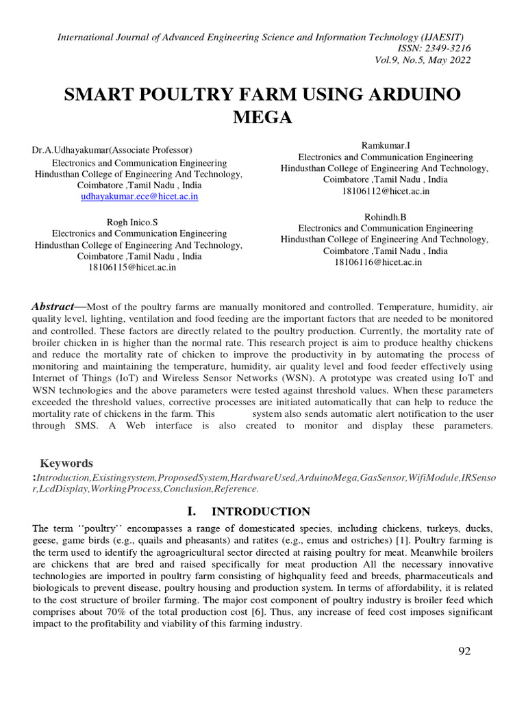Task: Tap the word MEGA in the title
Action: pos(263,118)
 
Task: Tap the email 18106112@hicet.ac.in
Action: pos(385,191)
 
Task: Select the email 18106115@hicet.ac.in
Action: pos(132,267)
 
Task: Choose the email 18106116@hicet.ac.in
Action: pos(378,262)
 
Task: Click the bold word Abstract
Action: pos(53,307)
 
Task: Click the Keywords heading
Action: pos(66,463)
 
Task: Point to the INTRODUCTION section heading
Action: pos(260,511)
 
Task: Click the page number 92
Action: pos(464,651)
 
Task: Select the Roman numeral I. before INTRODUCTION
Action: pos(192,511)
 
